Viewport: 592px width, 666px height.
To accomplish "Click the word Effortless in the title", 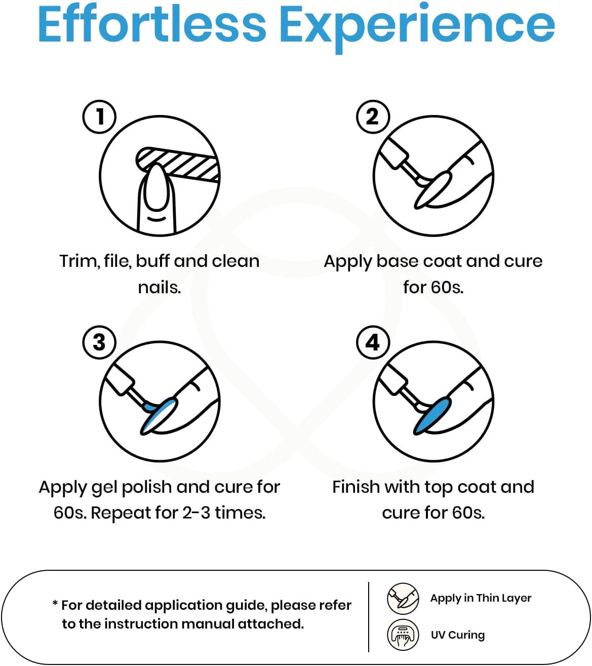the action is (x=152, y=24).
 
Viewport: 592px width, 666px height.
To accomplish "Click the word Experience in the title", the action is (x=417, y=28).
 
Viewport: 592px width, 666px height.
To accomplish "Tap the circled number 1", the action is (x=99, y=116).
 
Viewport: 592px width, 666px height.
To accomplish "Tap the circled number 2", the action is (x=373, y=116).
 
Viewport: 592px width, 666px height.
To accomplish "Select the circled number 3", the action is (x=99, y=342).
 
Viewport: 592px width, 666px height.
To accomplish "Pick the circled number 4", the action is (x=373, y=342).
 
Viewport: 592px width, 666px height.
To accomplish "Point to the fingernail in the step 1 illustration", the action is (x=156, y=188).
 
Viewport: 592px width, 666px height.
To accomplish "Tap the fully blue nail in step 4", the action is (x=432, y=415).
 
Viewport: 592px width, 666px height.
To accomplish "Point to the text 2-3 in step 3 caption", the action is (x=196, y=513).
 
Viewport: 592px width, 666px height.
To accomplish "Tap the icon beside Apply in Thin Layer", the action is (x=403, y=599).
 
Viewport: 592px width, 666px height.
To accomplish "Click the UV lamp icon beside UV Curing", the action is (x=403, y=635).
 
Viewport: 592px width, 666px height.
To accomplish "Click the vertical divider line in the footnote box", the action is (x=369, y=617).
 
